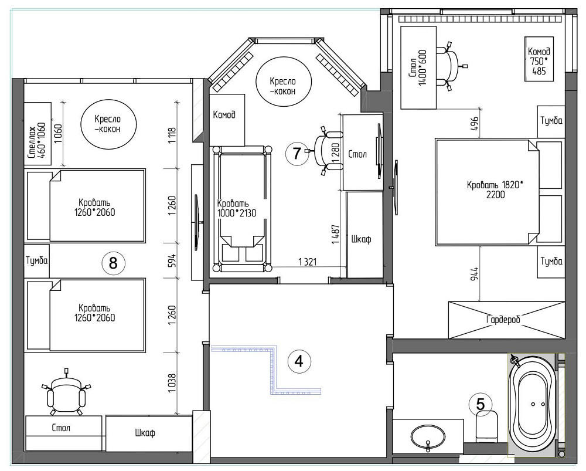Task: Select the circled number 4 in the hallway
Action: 299,361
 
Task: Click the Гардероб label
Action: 503,320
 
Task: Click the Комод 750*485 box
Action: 537,59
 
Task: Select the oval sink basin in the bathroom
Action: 428,436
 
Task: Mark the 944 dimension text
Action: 475,275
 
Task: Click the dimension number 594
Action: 172,260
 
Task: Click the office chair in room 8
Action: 67,395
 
